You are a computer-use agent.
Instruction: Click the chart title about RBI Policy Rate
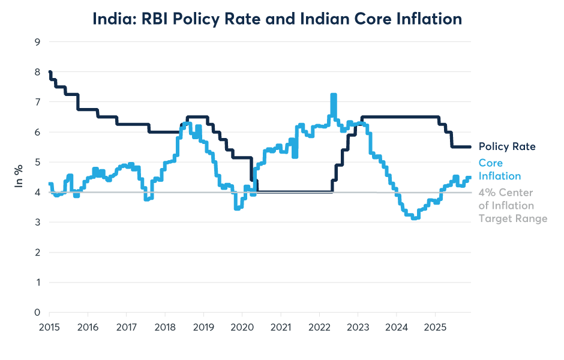click(277, 19)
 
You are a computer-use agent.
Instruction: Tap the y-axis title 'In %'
click(19, 177)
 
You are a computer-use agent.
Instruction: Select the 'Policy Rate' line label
click(507, 146)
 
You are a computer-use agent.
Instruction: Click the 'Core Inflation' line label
click(499, 169)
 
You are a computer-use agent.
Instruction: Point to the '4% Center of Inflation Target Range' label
click(512, 205)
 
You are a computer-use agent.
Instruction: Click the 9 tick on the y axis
click(37, 42)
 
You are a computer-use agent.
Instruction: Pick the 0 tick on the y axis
click(37, 313)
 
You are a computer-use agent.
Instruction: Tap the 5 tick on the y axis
click(37, 162)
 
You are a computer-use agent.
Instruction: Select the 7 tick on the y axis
click(37, 102)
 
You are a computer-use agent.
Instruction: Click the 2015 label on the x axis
click(49, 327)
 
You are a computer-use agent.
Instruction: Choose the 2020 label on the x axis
click(242, 327)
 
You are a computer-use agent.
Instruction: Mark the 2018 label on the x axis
click(165, 327)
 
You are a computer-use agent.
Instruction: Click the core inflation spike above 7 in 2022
click(334, 96)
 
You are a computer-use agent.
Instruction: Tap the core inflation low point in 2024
click(414, 218)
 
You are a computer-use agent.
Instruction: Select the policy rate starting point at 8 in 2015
click(50, 72)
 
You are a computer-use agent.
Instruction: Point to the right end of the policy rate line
click(470, 146)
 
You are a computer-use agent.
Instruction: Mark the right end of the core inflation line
click(470, 177)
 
